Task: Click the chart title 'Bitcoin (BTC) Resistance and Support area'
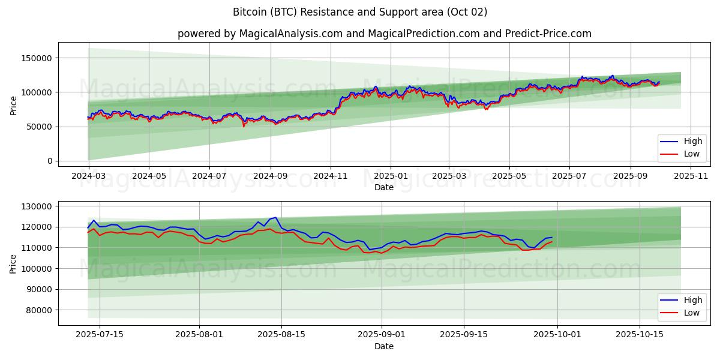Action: click(x=359, y=12)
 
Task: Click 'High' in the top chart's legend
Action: click(x=692, y=142)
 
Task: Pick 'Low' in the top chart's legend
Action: click(x=691, y=154)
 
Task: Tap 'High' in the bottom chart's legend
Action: click(x=692, y=300)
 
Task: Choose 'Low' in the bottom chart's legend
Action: click(x=691, y=312)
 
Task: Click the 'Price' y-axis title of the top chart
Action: click(x=13, y=104)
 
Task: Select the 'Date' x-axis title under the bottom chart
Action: click(x=384, y=346)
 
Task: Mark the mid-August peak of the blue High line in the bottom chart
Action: click(x=275, y=217)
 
